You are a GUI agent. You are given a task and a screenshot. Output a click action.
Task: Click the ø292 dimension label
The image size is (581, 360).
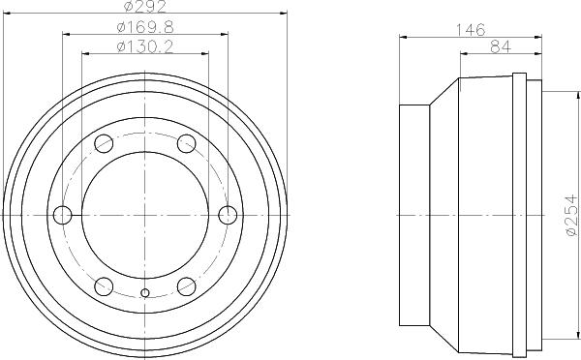click(145, 8)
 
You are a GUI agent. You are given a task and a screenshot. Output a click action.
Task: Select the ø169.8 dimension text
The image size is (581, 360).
click(145, 27)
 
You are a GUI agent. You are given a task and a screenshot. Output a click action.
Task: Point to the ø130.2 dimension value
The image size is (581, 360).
click(145, 46)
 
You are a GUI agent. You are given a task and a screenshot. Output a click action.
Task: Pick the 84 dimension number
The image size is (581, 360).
click(501, 47)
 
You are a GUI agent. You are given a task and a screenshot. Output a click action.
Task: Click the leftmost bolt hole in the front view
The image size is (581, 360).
click(63, 214)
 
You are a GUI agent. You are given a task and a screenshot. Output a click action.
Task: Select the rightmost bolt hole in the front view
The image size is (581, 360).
click(228, 214)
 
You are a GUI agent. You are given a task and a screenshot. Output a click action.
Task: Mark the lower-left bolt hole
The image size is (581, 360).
click(104, 285)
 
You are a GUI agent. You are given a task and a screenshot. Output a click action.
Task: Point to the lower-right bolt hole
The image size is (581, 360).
click(186, 285)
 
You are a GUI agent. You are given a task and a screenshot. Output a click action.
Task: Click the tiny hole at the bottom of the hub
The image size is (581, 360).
click(145, 293)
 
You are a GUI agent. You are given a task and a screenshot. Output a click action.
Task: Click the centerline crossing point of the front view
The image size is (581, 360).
click(145, 214)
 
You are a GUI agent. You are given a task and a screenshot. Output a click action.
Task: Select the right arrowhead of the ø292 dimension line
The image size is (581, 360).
click(284, 15)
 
